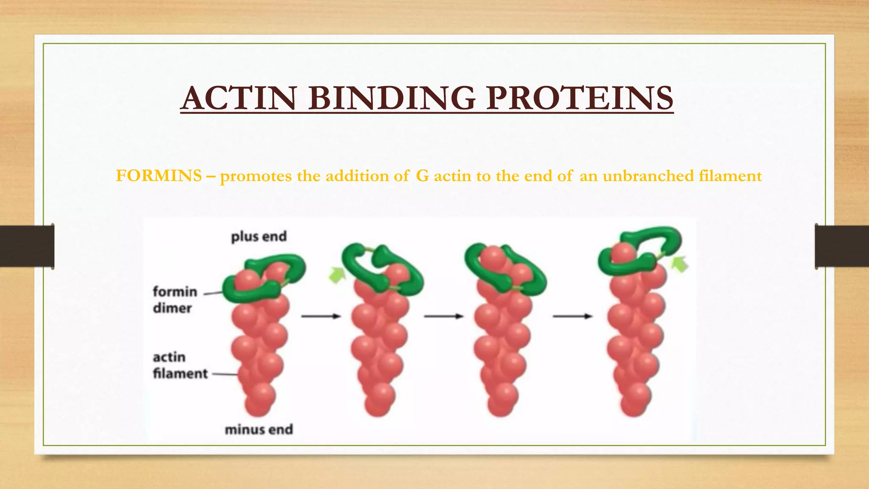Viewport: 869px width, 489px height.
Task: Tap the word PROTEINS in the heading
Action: [x=580, y=98]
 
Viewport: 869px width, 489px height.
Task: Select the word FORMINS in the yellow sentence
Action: [x=159, y=176]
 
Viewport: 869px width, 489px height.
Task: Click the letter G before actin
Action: [x=423, y=176]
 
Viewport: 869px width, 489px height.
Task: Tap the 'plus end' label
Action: [x=259, y=236]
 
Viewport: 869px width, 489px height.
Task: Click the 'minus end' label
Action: [x=259, y=430]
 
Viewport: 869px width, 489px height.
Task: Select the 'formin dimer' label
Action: [x=175, y=300]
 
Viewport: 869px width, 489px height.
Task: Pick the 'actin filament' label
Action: [x=180, y=365]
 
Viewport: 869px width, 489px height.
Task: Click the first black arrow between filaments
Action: [x=321, y=316]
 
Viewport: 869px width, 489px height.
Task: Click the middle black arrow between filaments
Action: [x=443, y=316]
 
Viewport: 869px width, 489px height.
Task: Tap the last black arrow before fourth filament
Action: [x=572, y=316]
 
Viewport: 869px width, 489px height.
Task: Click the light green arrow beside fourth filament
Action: [x=679, y=264]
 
